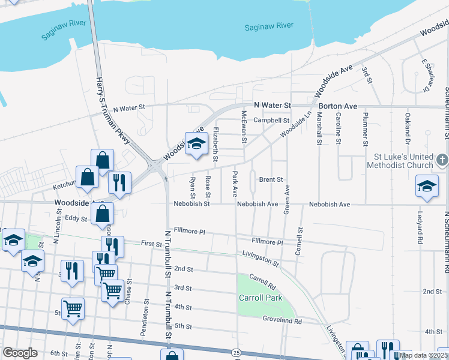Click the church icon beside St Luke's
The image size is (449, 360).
pyautogui.click(x=442, y=160)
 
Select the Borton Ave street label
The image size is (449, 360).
pyautogui.click(x=338, y=106)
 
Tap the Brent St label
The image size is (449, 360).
pyautogui.click(x=271, y=179)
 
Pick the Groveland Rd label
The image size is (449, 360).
pyautogui.click(x=282, y=321)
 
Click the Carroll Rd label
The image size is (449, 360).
pyautogui.click(x=262, y=280)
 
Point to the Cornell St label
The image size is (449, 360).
pyautogui.click(x=298, y=242)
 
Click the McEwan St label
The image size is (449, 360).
pyautogui.click(x=244, y=127)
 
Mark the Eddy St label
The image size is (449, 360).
pyautogui.click(x=76, y=218)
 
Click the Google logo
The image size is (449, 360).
pyautogui.click(x=20, y=353)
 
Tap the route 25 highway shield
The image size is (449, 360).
pyautogui.click(x=238, y=352)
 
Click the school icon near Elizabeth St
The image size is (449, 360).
pyautogui.click(x=195, y=145)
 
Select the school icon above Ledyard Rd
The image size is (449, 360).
pyautogui.click(x=427, y=187)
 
